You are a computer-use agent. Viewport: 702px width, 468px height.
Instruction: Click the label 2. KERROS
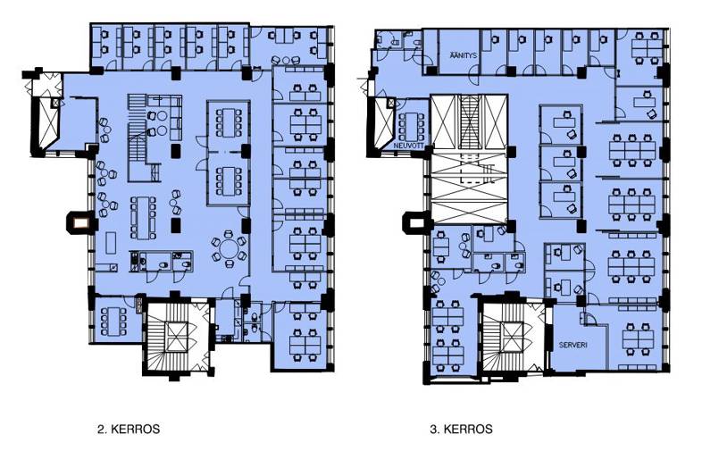tap(129, 429)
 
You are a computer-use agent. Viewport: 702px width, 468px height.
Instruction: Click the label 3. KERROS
tap(461, 429)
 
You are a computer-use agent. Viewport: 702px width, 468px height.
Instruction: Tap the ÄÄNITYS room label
tap(464, 55)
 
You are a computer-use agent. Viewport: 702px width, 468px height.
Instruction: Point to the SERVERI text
tap(573, 346)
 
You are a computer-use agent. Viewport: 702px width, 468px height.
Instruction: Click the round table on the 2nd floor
tap(230, 248)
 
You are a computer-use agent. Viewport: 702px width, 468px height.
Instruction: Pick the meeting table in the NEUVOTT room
tap(409, 126)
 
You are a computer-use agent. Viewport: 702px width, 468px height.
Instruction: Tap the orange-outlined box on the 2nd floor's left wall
tap(80, 222)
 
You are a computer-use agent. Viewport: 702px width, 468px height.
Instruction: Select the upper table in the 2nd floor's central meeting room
tap(229, 122)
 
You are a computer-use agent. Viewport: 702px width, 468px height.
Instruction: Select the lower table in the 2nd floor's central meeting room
tap(229, 181)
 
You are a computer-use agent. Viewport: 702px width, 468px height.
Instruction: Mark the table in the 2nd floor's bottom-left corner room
tap(114, 322)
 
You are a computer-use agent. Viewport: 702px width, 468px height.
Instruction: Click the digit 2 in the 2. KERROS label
tap(100, 429)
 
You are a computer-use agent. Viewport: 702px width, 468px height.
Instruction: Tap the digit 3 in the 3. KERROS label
tap(433, 429)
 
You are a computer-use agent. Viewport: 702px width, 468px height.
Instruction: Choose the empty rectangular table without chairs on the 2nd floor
tap(111, 243)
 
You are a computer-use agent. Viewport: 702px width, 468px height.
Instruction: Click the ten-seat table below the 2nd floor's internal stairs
tap(143, 218)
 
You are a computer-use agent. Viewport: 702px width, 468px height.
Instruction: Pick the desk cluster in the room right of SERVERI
tap(638, 339)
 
